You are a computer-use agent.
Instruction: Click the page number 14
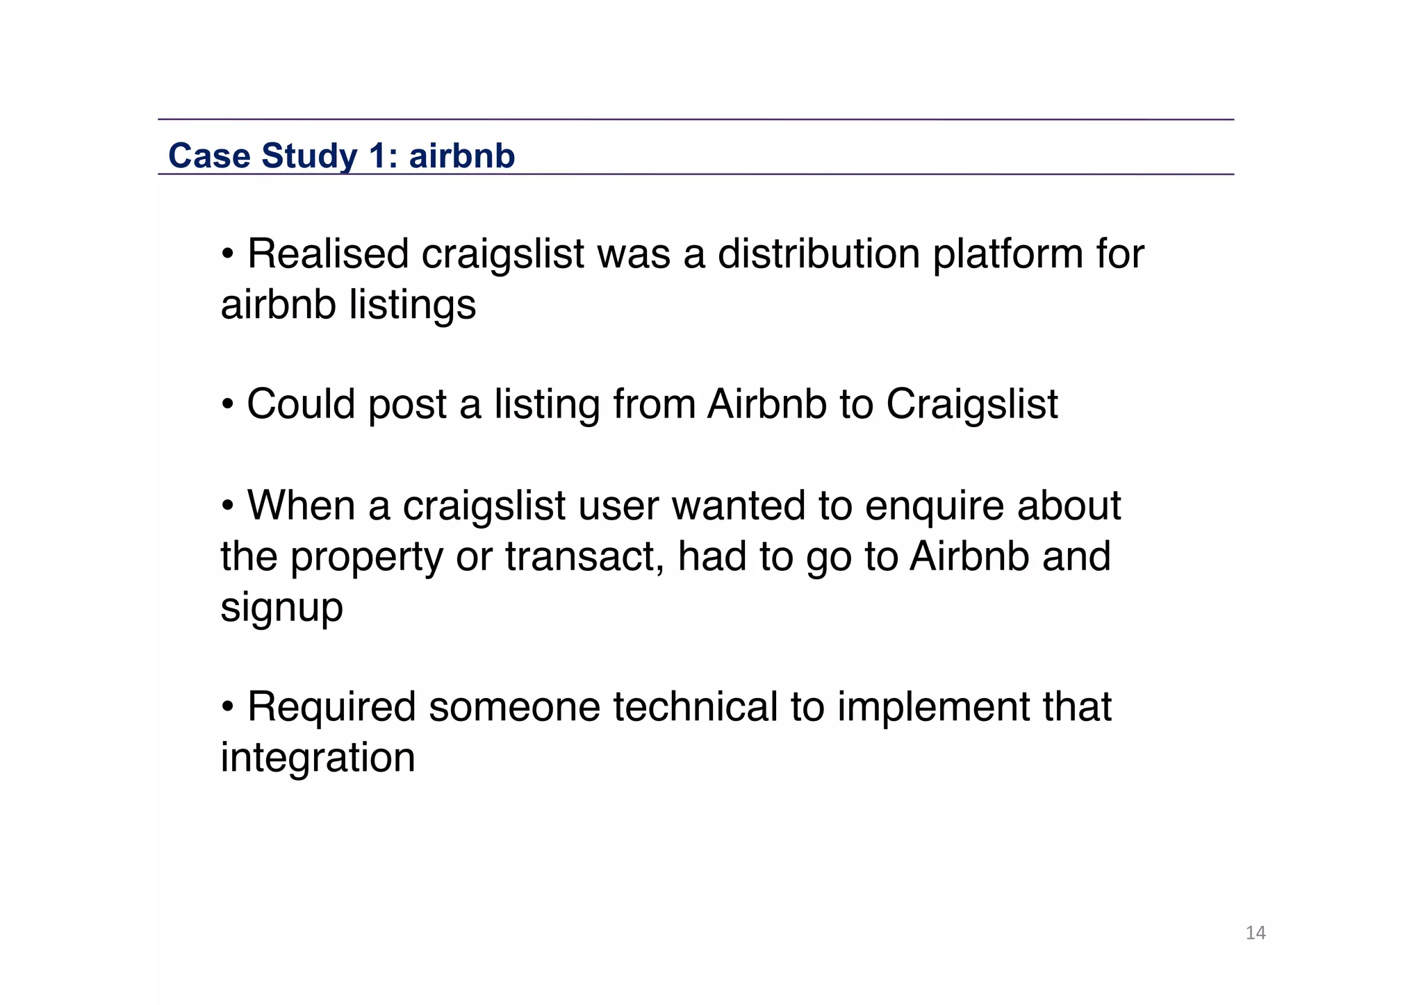pos(1255,933)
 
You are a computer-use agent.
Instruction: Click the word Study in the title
pos(309,156)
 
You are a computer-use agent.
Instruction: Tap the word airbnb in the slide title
pos(462,156)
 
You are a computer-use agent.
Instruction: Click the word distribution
pos(819,254)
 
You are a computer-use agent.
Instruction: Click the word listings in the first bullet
pos(412,305)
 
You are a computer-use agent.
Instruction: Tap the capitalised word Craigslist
pos(971,404)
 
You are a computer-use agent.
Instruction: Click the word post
pos(407,405)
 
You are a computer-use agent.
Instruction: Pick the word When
pos(301,505)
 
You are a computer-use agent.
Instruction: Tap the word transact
pos(584,556)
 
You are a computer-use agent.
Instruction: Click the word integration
pos(318,758)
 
